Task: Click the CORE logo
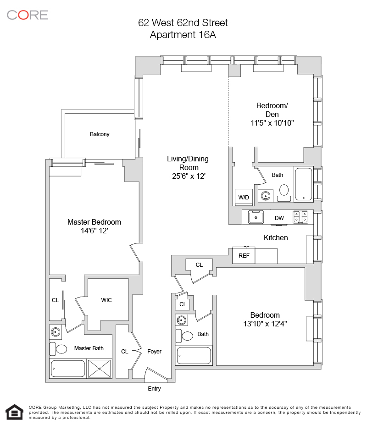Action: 28,15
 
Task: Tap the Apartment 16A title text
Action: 183,34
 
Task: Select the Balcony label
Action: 100,134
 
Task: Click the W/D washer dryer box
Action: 244,197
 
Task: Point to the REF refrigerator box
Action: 244,256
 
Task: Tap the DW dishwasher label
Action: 279,218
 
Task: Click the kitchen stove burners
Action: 300,216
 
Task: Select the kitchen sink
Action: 256,216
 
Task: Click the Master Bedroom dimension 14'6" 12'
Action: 94,232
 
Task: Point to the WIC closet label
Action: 106,300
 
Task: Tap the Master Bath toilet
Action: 61,349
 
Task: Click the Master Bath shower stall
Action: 100,369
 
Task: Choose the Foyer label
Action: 154,352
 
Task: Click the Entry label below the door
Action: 154,389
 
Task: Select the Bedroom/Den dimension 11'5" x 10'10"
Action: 272,122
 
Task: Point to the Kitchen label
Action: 276,237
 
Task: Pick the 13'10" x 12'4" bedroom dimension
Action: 265,324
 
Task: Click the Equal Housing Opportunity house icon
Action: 14,412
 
